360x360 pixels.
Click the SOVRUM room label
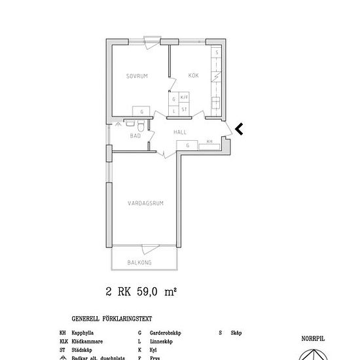tap(137, 77)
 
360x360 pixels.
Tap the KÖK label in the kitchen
tap(193, 77)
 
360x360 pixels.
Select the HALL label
tap(180, 132)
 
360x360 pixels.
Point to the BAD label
tap(135, 136)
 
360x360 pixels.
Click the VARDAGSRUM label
tap(145, 204)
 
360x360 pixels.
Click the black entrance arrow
tap(239, 129)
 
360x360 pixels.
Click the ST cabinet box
tap(185, 109)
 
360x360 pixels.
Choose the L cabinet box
tap(174, 109)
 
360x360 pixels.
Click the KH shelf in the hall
tap(209, 142)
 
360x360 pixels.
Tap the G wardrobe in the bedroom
tap(142, 111)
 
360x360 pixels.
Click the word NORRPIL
tap(313, 339)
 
